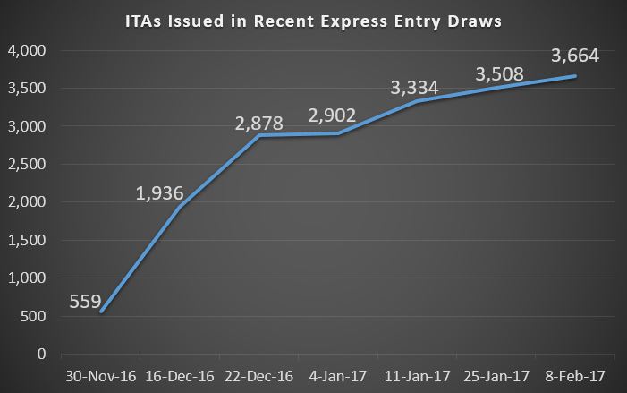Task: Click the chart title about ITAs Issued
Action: (314, 17)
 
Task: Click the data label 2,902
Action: (332, 115)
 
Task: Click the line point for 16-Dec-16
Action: (179, 207)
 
